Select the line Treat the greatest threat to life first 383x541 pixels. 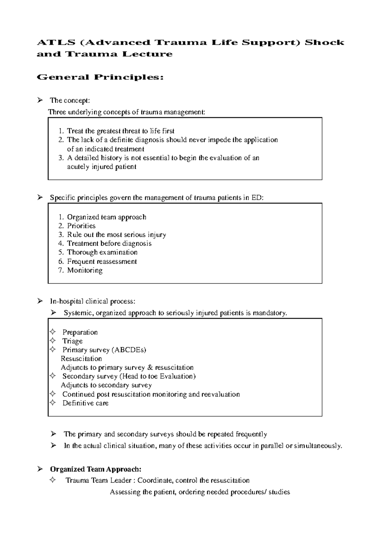[120, 131]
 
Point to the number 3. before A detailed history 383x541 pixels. [61, 158]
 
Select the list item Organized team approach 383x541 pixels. [106, 217]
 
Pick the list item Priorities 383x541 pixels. [81, 226]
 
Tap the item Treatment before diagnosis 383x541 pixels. [109, 243]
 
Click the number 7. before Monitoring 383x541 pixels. [61, 270]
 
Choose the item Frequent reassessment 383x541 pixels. [101, 262]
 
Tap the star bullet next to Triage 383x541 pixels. [53, 341]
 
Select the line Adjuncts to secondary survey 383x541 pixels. [106, 385]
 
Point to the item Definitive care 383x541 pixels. [85, 403]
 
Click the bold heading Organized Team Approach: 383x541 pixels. [95, 469]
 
